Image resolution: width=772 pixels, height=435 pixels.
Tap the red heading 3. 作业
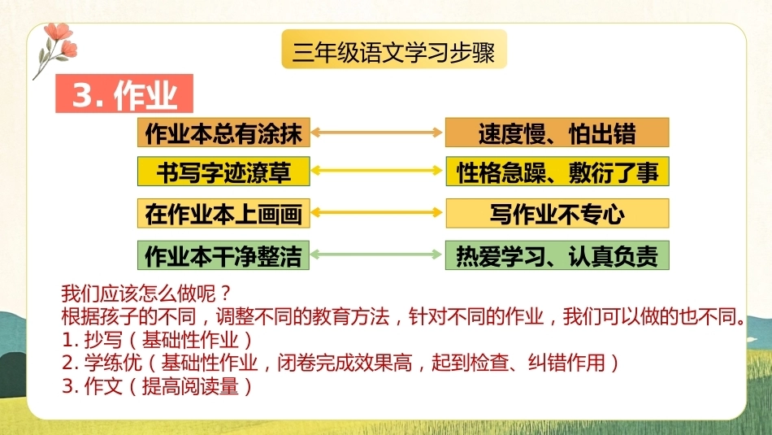pyautogui.click(x=124, y=94)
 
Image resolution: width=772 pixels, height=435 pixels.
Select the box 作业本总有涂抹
pyautogui.click(x=223, y=133)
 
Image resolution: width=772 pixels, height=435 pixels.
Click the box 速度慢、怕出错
pyautogui.click(x=557, y=133)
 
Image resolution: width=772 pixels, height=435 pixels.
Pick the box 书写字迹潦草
pyautogui.click(x=223, y=172)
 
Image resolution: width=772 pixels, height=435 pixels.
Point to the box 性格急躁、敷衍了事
pyautogui.click(x=557, y=172)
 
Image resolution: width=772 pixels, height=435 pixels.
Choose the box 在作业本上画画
pyautogui.click(x=223, y=213)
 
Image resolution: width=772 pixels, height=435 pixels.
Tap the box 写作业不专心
pyautogui.click(x=557, y=213)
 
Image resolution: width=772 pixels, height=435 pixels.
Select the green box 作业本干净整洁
pyautogui.click(x=223, y=255)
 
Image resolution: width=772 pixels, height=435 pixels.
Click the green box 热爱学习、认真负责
pyautogui.click(x=557, y=255)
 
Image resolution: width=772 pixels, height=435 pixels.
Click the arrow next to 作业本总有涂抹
pyautogui.click(x=377, y=132)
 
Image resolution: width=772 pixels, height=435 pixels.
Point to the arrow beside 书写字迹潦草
pyautogui.click(x=377, y=171)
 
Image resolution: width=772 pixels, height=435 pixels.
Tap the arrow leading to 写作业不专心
pyautogui.click(x=377, y=212)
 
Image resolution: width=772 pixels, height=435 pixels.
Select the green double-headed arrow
pyautogui.click(x=377, y=254)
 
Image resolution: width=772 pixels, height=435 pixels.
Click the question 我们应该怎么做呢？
pyautogui.click(x=146, y=294)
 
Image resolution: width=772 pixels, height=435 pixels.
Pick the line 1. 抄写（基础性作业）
pyautogui.click(x=158, y=340)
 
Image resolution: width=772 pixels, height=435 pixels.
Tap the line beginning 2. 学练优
pyautogui.click(x=340, y=363)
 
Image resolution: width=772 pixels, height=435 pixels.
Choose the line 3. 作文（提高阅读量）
pyautogui.click(x=158, y=386)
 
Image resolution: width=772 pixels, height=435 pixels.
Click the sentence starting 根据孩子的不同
pyautogui.click(x=404, y=317)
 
